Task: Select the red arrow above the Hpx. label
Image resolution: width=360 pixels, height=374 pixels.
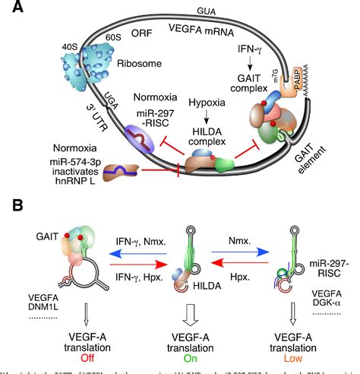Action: pos(240,259)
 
